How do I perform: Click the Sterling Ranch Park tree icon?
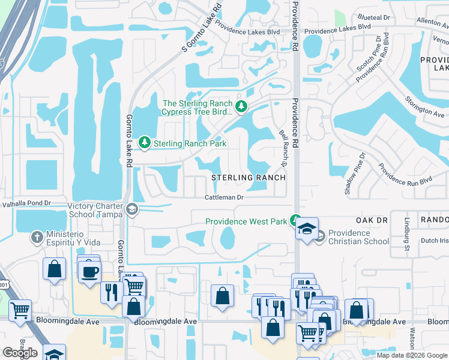(x=145, y=143)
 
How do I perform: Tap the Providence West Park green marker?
(x=295, y=221)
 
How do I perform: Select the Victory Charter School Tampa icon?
(x=132, y=211)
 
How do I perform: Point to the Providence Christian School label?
(x=358, y=237)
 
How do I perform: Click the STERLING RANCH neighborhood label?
(x=248, y=178)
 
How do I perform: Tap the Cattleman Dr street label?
(x=223, y=197)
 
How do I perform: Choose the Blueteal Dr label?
(x=373, y=18)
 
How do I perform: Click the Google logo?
(x=20, y=353)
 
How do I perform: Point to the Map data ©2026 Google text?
(x=411, y=355)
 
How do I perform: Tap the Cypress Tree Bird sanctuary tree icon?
(x=241, y=107)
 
